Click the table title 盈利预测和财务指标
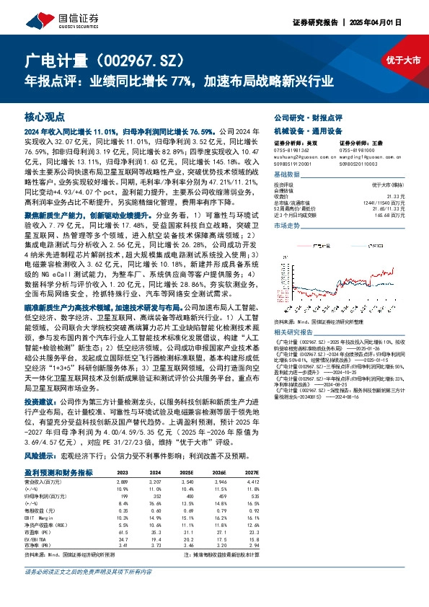tap(58, 471)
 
